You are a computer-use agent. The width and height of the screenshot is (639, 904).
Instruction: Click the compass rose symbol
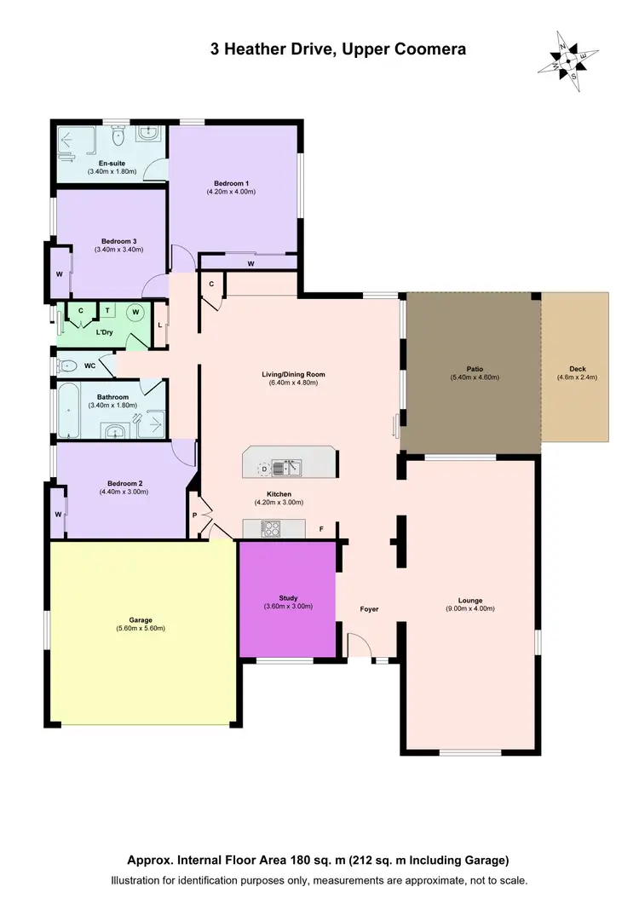(x=566, y=59)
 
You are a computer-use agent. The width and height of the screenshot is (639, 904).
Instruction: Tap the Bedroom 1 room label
(x=231, y=183)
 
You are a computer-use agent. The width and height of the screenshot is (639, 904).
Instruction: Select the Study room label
(x=287, y=598)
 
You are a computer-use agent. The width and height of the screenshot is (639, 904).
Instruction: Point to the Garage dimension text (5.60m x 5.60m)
(x=141, y=628)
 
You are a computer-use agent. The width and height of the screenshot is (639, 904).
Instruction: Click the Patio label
(x=474, y=369)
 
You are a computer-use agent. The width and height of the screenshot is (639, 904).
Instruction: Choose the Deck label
(x=576, y=369)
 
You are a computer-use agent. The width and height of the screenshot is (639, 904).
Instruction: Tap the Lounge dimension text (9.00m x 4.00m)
(x=470, y=608)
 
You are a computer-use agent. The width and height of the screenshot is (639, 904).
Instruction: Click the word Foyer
(x=369, y=609)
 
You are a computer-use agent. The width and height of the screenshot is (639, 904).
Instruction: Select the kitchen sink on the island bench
(x=291, y=467)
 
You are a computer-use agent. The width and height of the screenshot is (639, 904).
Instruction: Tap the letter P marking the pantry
(x=194, y=515)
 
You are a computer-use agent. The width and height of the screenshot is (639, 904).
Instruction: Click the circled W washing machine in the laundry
(x=135, y=313)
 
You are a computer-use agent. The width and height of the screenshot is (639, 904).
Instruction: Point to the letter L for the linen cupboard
(x=159, y=325)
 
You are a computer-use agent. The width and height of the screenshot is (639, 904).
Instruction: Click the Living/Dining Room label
(x=293, y=374)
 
